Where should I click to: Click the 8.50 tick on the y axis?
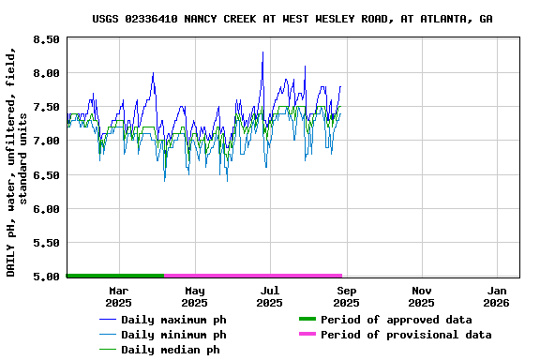[x=44, y=39]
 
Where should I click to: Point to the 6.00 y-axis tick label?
[x=44, y=209]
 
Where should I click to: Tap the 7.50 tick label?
[x=44, y=107]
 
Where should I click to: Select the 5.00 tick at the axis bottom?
[x=44, y=277]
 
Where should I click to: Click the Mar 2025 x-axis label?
[x=118, y=296]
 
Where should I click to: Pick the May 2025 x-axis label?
[x=194, y=296]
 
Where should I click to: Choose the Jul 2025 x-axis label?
[x=269, y=296]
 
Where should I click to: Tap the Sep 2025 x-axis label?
[x=346, y=296]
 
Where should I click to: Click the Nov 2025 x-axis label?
[x=422, y=296]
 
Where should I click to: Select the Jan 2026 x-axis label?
[x=497, y=296]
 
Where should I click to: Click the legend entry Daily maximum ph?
[x=173, y=320]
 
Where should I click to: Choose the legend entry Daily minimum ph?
[x=173, y=335]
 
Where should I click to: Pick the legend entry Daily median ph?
[x=170, y=350]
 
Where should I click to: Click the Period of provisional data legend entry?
[x=405, y=335]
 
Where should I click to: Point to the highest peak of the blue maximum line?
[x=263, y=52]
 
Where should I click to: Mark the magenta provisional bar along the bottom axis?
[x=253, y=276]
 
